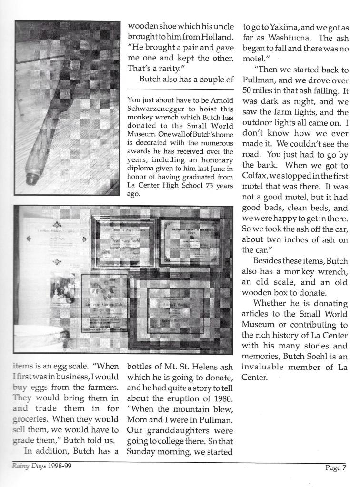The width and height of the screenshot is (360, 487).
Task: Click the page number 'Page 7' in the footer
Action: (335, 467)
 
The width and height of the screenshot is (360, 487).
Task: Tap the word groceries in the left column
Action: (30, 419)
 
